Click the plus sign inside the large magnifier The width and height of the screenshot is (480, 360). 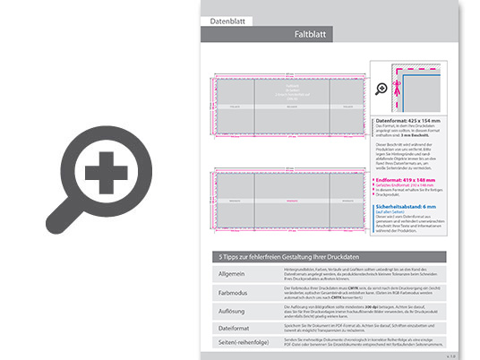(106, 170)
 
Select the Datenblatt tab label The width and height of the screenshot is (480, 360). (227, 19)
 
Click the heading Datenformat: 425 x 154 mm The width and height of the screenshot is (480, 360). (408, 119)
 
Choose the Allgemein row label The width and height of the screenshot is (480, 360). (231, 272)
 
